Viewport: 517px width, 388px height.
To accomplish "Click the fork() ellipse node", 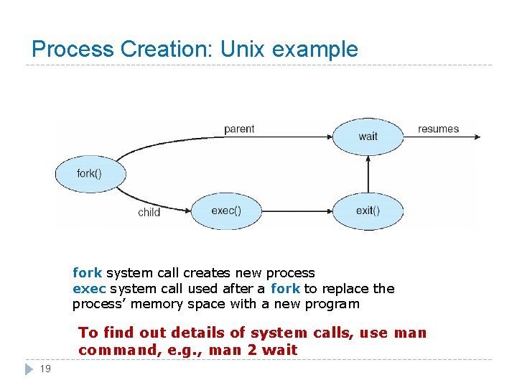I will point(90,173).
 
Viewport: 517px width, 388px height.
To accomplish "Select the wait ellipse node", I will point(368,136).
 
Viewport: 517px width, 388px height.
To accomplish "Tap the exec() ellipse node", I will point(226,211).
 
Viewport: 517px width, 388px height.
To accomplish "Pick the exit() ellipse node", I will point(368,211).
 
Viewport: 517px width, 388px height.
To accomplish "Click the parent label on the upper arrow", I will point(239,129).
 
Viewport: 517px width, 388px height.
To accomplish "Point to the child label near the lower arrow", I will point(149,212).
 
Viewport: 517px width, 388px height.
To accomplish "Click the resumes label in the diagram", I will point(438,129).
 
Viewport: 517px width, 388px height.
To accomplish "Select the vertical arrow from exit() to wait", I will point(368,175).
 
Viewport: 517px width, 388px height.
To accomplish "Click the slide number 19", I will point(45,369).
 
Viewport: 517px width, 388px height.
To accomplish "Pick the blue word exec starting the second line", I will point(89,289).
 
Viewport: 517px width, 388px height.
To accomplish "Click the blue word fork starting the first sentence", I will point(87,273).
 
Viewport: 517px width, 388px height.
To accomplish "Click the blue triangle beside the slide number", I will point(28,369).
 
